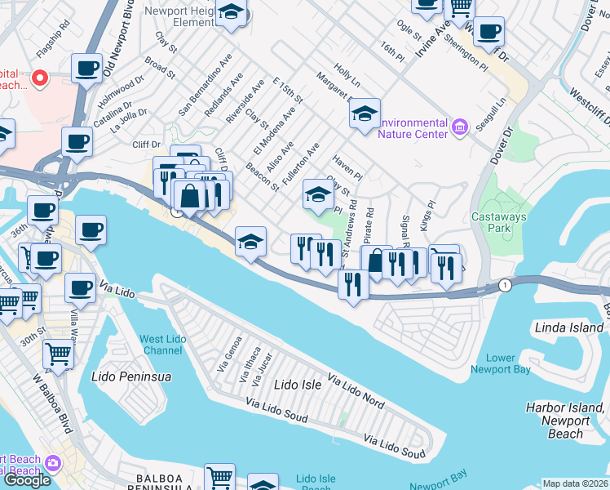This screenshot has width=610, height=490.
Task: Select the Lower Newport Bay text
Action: click(500, 364)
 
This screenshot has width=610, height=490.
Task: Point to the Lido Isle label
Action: click(298, 383)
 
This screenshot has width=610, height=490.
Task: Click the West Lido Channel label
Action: click(161, 345)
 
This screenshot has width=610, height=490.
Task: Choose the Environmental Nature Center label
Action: click(412, 127)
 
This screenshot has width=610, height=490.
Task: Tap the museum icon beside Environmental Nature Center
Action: click(459, 127)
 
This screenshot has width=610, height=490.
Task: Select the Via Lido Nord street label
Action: click(356, 391)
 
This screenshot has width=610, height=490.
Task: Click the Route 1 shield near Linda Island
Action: click(506, 285)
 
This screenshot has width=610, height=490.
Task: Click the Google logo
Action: click(27, 479)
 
